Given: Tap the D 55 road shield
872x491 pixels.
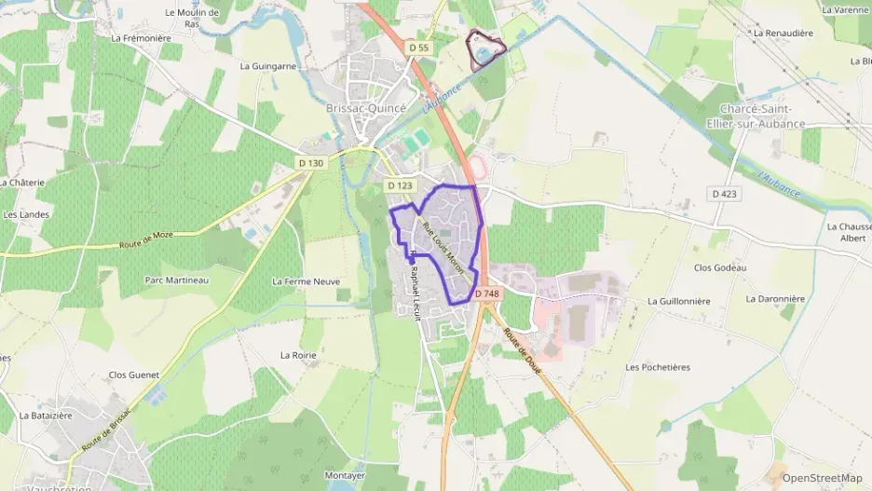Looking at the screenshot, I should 419,48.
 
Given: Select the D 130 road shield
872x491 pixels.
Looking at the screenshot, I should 311,163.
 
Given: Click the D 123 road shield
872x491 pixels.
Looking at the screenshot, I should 400,185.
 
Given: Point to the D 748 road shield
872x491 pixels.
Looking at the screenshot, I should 486,293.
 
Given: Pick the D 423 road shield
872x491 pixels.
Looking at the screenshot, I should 722,194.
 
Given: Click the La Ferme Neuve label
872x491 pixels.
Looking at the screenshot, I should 306,281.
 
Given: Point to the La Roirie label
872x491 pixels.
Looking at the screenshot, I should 299,355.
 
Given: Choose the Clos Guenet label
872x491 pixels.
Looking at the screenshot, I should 134,375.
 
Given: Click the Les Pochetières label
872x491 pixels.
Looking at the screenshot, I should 658,367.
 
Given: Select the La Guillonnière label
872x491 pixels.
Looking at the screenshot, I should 679,301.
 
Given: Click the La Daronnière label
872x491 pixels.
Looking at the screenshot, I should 774,299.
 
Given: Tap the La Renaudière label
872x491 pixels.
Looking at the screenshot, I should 783,33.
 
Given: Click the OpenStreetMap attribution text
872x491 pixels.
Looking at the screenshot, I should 822,478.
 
